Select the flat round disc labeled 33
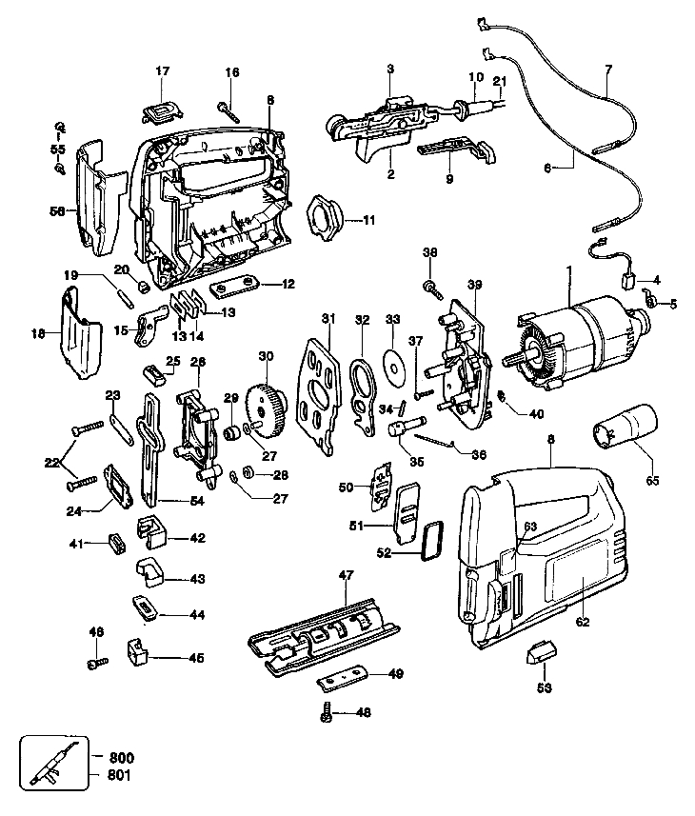pyautogui.click(x=392, y=367)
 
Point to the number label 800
pyautogui.click(x=121, y=756)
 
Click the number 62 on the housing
pyautogui.click(x=583, y=624)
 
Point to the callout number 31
pyautogui.click(x=327, y=318)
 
